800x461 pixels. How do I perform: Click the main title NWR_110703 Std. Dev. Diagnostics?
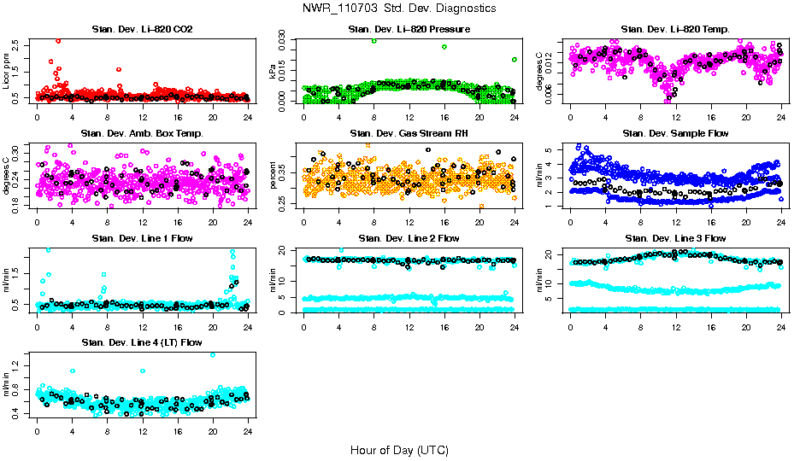coord(399,9)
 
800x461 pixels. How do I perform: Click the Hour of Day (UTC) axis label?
coord(399,450)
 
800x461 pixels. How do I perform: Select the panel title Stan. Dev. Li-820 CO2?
coord(142,30)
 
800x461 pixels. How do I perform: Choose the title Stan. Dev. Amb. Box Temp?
coord(142,133)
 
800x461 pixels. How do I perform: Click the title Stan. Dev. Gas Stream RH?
coord(409,133)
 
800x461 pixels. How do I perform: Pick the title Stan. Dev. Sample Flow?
coord(675,133)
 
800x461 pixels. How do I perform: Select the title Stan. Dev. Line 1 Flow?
coord(142,238)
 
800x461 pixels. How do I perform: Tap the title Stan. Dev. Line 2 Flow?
coord(409,238)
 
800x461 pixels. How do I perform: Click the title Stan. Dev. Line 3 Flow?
coord(675,238)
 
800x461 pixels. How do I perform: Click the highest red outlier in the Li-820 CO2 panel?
coord(58,40)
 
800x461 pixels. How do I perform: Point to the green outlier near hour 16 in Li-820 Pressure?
coord(444,47)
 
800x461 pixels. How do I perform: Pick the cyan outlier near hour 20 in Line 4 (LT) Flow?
coord(213,354)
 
